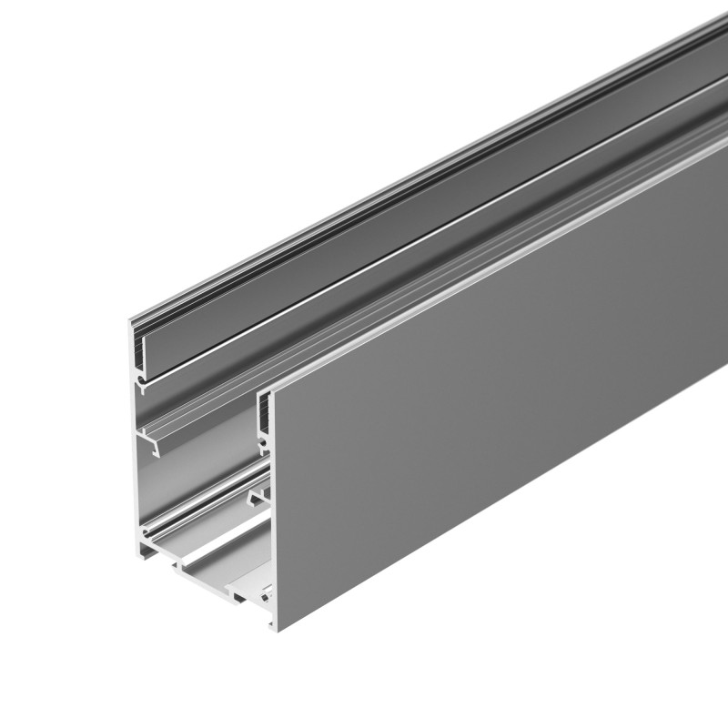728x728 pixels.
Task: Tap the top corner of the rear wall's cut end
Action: click(132, 314)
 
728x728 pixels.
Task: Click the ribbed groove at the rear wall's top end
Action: click(139, 342)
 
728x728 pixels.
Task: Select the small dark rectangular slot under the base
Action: click(238, 599)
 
